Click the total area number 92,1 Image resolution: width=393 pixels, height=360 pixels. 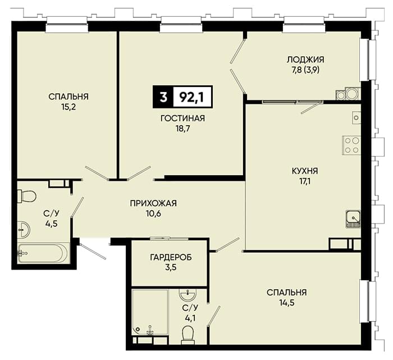click(192, 97)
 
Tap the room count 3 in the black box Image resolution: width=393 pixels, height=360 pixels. click(163, 97)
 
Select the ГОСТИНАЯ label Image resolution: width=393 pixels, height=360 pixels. click(182, 118)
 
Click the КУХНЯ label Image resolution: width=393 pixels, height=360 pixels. click(305, 171)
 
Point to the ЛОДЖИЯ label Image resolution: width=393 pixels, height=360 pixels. click(305, 60)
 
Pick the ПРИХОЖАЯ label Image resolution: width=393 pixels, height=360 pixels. click(153, 203)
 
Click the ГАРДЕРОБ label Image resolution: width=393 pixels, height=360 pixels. click(171, 257)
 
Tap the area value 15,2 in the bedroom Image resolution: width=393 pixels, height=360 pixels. click(68, 107)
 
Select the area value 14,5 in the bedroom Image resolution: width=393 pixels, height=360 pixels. click(287, 303)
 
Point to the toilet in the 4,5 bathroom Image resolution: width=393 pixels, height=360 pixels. click(26, 196)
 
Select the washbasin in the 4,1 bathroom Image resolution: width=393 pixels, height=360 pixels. click(188, 294)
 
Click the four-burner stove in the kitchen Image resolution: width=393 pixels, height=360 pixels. click(351, 145)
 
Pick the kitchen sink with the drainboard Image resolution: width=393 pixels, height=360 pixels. click(353, 219)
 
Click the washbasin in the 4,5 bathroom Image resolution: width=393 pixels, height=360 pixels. click(24, 229)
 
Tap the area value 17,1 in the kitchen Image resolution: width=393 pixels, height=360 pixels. click(305, 181)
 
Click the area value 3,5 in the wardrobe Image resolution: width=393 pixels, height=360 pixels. click(171, 267)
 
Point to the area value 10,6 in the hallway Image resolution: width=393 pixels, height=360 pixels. click(153, 213)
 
